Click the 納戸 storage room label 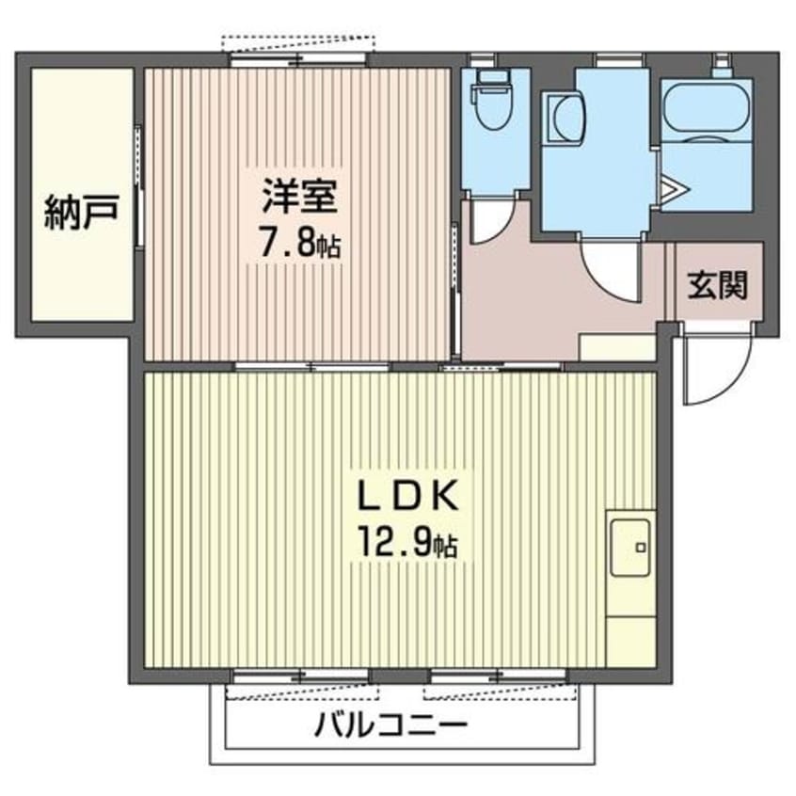point(80,215)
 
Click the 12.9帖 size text point(406,543)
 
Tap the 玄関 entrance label point(716,284)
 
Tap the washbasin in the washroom point(567,119)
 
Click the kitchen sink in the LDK point(630,547)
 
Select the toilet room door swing point(491,222)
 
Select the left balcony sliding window point(299,676)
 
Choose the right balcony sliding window point(499,676)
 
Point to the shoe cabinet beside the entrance point(616,346)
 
